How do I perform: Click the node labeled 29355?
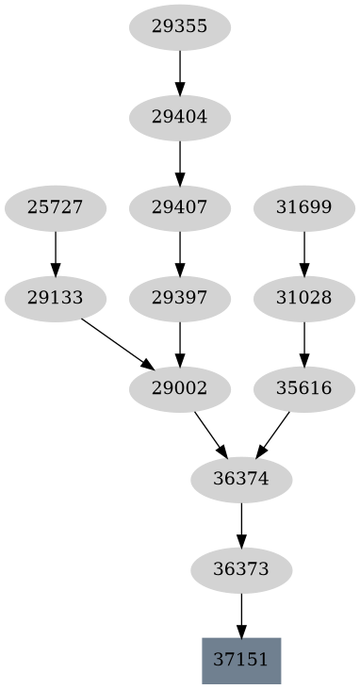tap(179, 27)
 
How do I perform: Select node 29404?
tap(179, 118)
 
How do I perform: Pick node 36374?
tap(241, 480)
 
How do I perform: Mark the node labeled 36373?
tap(241, 570)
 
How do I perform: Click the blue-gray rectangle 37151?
tap(241, 661)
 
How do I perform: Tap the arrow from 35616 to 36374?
tap(273, 434)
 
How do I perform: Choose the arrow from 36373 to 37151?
tap(241, 615)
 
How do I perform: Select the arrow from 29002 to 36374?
tap(210, 435)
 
